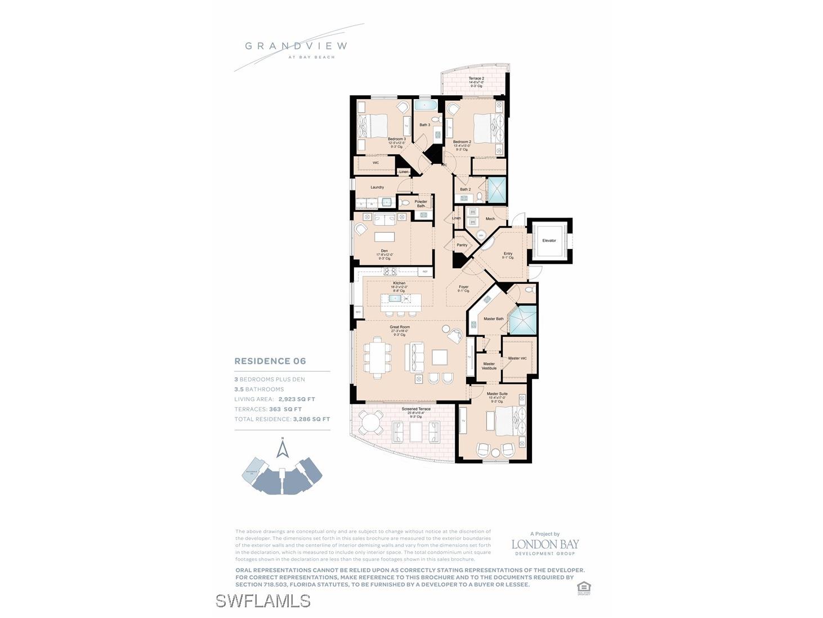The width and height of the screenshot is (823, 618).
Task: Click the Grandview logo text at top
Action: pos(296,46)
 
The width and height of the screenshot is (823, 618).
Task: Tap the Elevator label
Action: pos(549,241)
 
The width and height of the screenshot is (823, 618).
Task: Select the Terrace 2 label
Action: pos(476,79)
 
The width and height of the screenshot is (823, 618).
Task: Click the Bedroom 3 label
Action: pos(396,139)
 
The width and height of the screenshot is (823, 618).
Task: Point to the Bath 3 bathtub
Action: pos(424,105)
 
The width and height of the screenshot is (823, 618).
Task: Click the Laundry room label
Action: pos(377,187)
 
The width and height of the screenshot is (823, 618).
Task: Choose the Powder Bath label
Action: pos(421,203)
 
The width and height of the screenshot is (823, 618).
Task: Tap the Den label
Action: pos(384,251)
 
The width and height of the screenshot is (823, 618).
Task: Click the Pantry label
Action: pos(462,245)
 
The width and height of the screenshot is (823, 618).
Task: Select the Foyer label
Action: pos(463,287)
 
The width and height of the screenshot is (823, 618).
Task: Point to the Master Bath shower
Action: pos(522,320)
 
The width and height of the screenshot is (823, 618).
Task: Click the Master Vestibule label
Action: pos(489,366)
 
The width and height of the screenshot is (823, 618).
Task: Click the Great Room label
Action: pos(400,327)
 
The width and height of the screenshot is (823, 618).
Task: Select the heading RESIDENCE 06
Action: pos(270,361)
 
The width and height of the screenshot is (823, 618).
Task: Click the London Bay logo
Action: pos(544,545)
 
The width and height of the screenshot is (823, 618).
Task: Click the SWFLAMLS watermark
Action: pos(263,601)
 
